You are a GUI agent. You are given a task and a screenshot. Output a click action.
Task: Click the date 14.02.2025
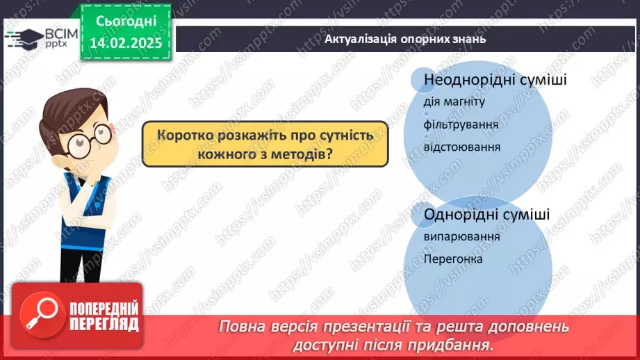pos(126,43)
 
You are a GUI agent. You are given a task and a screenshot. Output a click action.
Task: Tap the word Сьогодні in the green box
pos(126,21)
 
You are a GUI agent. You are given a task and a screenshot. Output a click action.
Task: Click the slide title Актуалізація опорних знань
pos(405,39)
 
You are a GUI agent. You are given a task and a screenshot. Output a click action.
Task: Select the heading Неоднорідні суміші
pos(495,79)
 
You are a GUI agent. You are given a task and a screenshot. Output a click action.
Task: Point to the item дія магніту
pos(454,101)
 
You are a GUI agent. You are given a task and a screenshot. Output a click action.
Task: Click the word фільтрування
pos(461,124)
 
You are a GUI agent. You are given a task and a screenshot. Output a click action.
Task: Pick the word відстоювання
pos(462,147)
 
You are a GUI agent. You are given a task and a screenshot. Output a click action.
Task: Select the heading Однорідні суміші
pos(486,214)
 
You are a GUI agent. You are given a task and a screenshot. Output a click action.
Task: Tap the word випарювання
pos(461,237)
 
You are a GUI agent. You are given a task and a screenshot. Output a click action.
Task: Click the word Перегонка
pos(453,259)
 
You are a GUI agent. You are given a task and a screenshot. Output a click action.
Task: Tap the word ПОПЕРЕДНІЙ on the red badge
pos(104,309)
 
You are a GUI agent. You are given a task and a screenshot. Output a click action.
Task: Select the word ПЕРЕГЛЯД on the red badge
pos(104,324)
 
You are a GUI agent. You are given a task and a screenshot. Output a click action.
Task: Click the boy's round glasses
pos(90,141)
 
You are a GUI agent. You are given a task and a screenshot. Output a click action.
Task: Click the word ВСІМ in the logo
pos(61,34)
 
